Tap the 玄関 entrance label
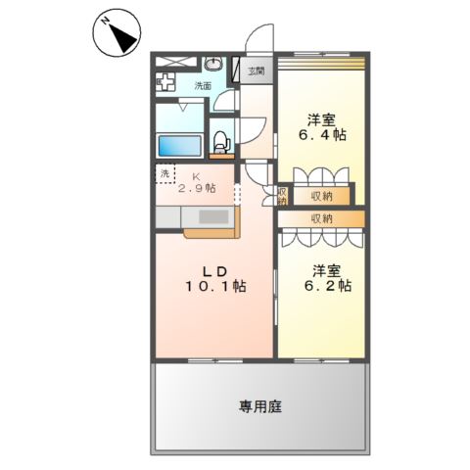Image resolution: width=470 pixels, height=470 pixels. pyautogui.click(x=257, y=70)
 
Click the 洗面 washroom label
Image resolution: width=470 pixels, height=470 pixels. pyautogui.click(x=203, y=86)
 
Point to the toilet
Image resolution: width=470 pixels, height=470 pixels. pyautogui.click(x=221, y=141)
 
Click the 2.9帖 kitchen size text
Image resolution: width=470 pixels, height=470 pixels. pyautogui.click(x=197, y=188)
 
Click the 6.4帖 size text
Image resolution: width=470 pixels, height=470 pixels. pyautogui.click(x=324, y=135)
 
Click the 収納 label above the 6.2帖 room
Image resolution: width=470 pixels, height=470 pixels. pyautogui.click(x=321, y=217)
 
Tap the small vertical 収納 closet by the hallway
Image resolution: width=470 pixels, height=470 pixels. pyautogui.click(x=282, y=196)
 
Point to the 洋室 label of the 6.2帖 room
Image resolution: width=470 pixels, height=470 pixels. pyautogui.click(x=326, y=268)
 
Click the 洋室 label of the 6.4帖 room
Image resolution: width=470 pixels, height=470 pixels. pyautogui.click(x=324, y=118)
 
